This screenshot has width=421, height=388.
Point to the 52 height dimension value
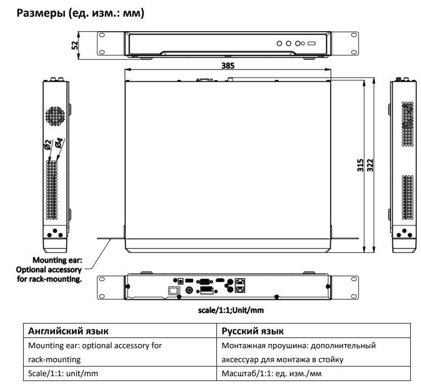[x=75, y=45]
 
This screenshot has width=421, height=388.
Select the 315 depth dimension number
[x=360, y=164]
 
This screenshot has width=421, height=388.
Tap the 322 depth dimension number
[x=370, y=164]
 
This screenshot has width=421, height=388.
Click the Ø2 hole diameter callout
[x=48, y=144]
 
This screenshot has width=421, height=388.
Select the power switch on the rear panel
[x=173, y=291]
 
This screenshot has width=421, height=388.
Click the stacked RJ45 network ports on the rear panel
[x=242, y=284]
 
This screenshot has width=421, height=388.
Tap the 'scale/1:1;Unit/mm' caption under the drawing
[x=231, y=310]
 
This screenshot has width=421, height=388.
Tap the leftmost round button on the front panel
[x=279, y=42]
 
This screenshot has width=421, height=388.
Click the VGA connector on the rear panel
[x=204, y=281]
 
